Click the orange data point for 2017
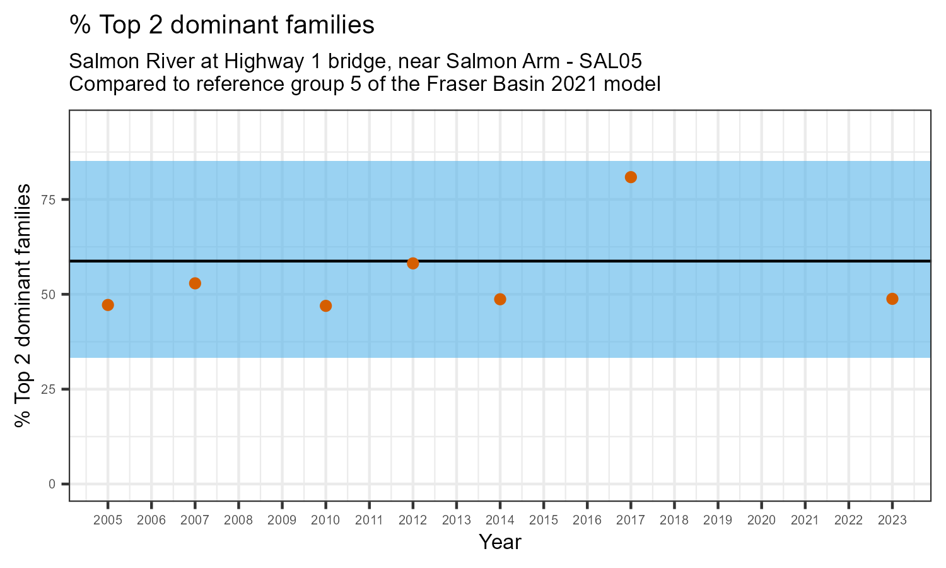coord(631,177)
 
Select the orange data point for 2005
coord(108,305)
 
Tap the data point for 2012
coord(413,263)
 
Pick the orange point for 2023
coord(892,299)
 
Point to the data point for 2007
coord(195,283)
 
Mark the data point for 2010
coord(325,306)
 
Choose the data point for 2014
coord(500,299)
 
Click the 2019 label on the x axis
coord(718,521)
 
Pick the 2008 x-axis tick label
coord(238,521)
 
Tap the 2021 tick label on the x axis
coord(805,521)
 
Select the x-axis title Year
coord(500,542)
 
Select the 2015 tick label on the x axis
coord(544,521)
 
